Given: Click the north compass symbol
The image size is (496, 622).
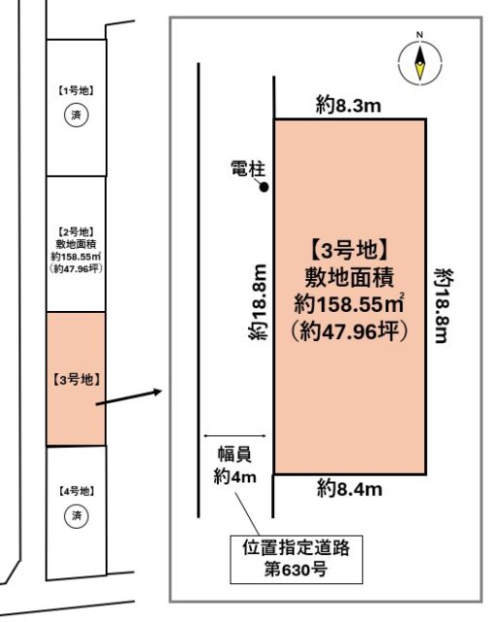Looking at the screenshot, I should [x=419, y=62].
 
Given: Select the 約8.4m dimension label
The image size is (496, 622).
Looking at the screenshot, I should [x=349, y=489].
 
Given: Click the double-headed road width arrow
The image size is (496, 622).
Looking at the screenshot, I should [x=234, y=437].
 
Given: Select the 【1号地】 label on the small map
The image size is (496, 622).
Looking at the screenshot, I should [x=76, y=90].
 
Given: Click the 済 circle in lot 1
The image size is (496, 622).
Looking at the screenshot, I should [x=76, y=116].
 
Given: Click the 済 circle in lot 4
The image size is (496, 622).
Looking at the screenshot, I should [x=76, y=515].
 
